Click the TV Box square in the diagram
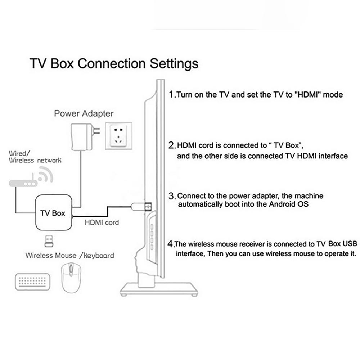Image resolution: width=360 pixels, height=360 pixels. point(53,213)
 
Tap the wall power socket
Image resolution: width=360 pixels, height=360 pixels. point(118,136)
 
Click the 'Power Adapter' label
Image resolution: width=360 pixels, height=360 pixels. point(84,114)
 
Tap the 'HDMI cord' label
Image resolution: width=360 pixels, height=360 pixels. point(102,222)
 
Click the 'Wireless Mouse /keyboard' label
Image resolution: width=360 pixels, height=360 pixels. point(69,256)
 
